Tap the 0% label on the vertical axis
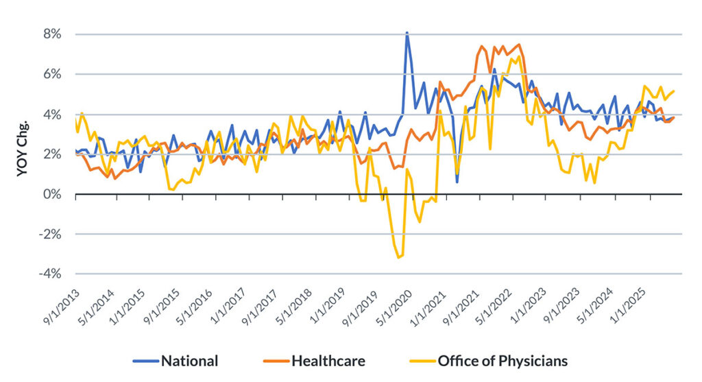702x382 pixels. point(53,194)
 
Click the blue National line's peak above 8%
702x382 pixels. point(407,32)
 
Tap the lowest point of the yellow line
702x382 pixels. point(398,258)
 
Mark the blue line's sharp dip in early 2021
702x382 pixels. point(457,181)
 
